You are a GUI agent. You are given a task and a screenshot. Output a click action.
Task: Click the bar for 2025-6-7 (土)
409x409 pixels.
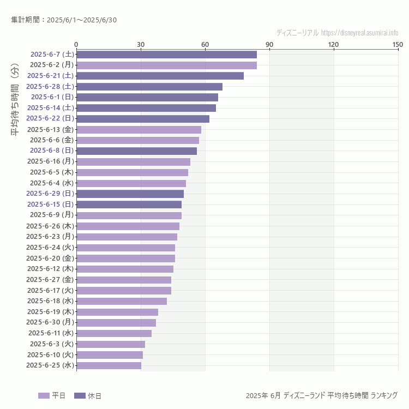166,55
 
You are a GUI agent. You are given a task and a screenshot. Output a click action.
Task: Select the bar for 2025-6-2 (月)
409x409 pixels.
166,65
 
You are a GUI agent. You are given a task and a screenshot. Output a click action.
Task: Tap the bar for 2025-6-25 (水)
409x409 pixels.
109,365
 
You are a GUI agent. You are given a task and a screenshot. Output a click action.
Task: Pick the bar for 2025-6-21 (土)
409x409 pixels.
160,76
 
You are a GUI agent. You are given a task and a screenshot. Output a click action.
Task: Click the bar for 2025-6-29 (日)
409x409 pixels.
130,194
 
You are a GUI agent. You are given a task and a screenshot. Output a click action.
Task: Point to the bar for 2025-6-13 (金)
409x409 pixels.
139,129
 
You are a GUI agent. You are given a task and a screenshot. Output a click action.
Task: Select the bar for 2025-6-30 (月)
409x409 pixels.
116,322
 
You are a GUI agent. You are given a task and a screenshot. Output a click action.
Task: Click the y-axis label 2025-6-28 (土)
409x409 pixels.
50,86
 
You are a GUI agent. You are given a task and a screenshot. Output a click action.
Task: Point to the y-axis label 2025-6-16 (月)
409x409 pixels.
50,161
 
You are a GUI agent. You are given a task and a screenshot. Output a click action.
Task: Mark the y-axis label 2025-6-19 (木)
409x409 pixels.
50,312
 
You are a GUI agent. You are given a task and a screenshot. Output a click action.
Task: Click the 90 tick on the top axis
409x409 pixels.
269,44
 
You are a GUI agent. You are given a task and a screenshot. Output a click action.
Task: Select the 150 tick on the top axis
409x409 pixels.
398,44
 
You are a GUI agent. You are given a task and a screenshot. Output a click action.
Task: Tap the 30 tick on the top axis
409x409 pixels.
141,44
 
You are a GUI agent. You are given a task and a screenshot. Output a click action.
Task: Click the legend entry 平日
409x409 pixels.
52,395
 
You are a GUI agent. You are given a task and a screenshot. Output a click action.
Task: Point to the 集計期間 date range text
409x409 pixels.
64,20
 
